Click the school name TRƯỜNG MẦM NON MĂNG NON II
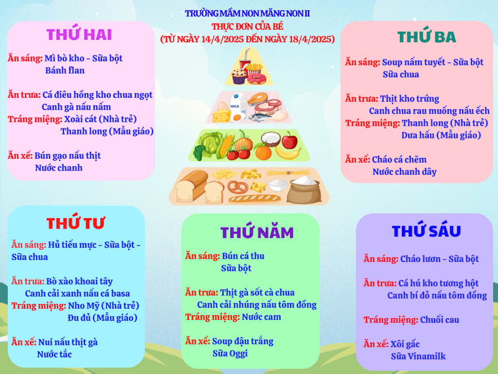click(247, 13)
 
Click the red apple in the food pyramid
click(289, 141)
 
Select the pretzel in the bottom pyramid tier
click(237, 187)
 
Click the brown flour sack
click(304, 190)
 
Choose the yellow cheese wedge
click(221, 115)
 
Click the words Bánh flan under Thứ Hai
click(65, 70)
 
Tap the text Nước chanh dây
click(404, 172)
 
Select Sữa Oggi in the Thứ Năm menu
click(230, 354)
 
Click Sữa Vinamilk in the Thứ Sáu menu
click(418, 356)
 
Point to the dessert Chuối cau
click(440, 319)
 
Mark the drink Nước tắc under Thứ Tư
click(54, 355)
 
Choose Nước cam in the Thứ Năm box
click(261, 317)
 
